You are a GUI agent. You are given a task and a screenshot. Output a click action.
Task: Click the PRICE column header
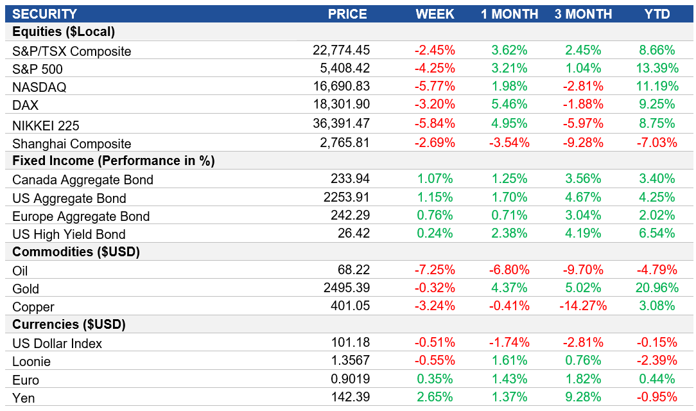[347, 14]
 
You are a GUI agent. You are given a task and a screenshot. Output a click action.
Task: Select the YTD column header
[657, 14]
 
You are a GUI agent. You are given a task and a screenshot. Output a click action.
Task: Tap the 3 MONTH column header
[583, 14]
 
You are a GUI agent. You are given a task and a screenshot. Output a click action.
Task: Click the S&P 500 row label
[37, 69]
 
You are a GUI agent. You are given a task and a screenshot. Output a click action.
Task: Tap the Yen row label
[24, 398]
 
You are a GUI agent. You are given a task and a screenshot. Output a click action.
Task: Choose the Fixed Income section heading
[113, 161]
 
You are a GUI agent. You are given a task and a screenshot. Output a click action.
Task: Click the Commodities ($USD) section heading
[75, 252]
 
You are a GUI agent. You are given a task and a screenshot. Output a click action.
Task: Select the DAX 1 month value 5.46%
[510, 105]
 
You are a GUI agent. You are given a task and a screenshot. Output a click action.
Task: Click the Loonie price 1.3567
[350, 361]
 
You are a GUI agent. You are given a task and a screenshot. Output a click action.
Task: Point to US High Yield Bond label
[69, 234]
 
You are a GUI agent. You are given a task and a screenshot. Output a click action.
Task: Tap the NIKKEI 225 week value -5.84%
[435, 123]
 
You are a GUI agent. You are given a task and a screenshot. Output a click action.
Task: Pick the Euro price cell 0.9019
[350, 379]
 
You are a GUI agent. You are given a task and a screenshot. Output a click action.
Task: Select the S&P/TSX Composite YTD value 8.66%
[657, 51]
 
